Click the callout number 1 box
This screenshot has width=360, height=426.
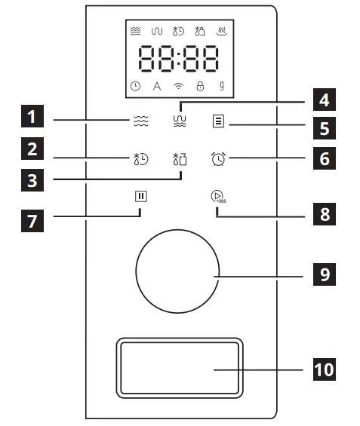click(32, 118)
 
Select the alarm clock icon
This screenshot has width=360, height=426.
click(219, 158)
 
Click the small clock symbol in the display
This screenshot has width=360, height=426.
click(134, 87)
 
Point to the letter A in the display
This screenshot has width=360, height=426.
click(157, 87)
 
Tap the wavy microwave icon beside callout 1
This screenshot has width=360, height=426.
click(136, 118)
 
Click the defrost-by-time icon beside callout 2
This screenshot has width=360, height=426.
click(137, 158)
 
